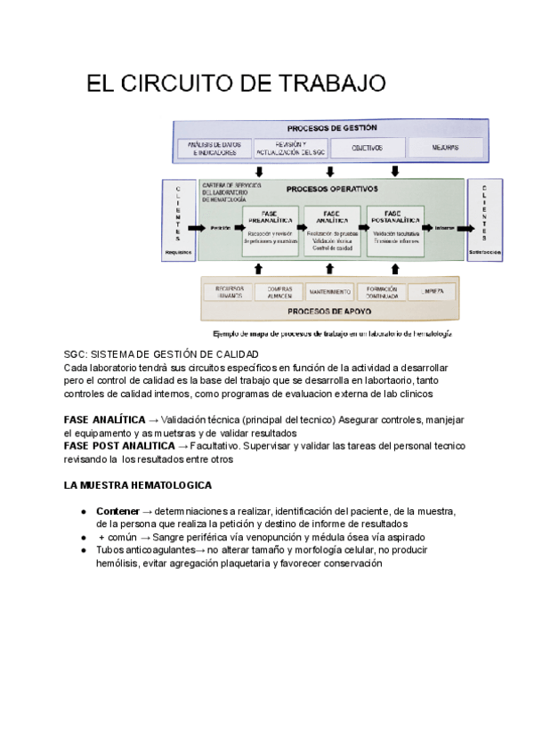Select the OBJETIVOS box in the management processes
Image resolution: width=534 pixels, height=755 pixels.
tap(367, 148)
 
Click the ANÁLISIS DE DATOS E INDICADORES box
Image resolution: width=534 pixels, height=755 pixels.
tap(213, 148)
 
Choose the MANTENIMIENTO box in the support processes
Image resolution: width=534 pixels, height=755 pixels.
tap(330, 292)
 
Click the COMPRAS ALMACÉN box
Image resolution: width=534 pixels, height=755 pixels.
tap(279, 292)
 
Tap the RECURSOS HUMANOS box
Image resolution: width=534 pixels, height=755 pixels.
tap(225, 292)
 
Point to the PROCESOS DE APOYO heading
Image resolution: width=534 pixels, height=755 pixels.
tap(330, 313)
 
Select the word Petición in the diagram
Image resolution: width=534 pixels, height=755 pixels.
tap(222, 228)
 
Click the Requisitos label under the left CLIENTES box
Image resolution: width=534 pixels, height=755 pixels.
tap(178, 253)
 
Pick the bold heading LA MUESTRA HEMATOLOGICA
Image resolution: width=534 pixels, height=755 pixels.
tap(138, 485)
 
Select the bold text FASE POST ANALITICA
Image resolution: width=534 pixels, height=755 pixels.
tap(119, 445)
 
